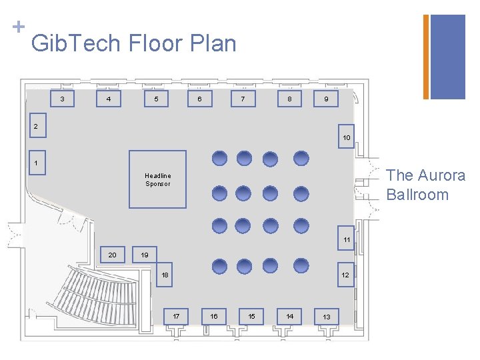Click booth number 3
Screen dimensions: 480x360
(62, 99)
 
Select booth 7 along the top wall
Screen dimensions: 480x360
(243, 99)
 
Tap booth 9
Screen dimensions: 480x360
(326, 99)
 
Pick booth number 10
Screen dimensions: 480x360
(346, 137)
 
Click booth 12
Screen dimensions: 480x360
(345, 275)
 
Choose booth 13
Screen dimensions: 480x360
(327, 317)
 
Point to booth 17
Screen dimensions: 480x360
(176, 316)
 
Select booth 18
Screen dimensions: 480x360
(165, 275)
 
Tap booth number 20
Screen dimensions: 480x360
(113, 255)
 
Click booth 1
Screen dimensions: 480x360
(37, 163)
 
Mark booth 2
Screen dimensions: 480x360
(38, 125)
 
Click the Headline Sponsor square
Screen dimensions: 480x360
(157, 179)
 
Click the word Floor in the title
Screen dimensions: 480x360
(155, 43)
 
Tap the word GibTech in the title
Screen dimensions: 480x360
(75, 43)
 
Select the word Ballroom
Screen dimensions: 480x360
(417, 195)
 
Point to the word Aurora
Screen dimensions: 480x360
(442, 175)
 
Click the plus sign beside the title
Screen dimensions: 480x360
(19, 27)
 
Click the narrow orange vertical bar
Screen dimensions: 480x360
(426, 57)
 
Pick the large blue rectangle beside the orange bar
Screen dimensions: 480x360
(448, 57)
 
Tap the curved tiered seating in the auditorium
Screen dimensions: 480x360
(95, 295)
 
